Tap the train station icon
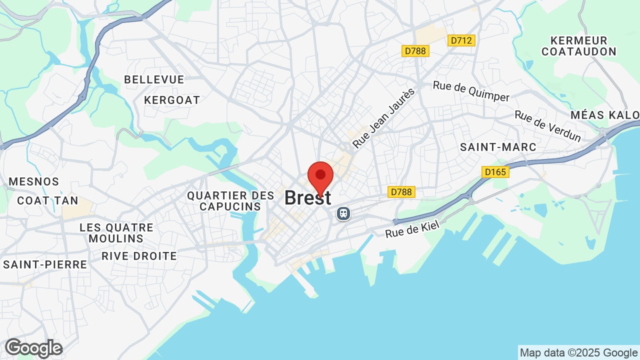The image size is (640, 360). pos(343,213)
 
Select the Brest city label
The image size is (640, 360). pos(307,198)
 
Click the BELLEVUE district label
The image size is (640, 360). pos(154,79)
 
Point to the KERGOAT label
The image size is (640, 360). pos(172,100)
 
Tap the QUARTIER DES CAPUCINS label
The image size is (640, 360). pos(230,201)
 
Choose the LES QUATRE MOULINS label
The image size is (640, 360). pos(116,233)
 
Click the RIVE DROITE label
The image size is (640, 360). pos(139,256)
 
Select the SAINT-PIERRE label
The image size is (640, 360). pos(45,264)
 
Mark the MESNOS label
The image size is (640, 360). pos(34,181)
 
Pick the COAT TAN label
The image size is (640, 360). pos(47,200)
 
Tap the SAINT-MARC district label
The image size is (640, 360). pos(498,147)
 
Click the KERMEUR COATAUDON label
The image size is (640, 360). pos(579,46)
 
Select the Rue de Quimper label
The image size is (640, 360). pos(471,91)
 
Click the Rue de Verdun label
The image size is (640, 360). pos(548,126)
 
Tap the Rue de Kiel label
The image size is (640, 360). pos(412,229)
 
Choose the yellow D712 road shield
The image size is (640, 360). pos(461,40)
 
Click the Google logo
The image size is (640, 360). pos(33,348)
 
